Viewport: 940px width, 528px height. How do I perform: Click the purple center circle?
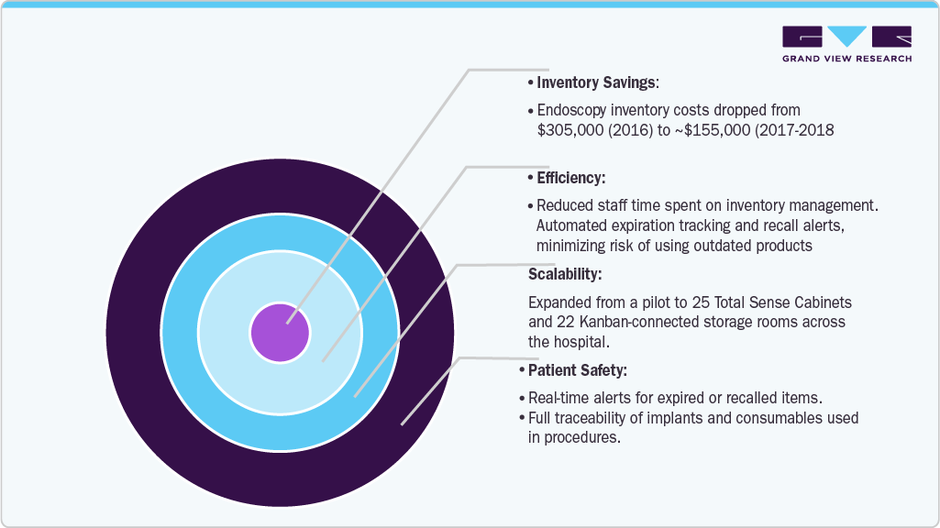pos(280,333)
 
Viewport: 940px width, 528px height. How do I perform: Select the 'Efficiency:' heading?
pos(570,178)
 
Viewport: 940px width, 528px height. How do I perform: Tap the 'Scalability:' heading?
pos(565,274)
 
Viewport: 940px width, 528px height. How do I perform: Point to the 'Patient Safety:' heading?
pos(578,370)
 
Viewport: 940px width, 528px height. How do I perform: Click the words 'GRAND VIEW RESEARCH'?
pos(846,59)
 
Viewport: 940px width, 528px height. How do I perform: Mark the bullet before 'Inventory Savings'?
pos(531,83)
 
